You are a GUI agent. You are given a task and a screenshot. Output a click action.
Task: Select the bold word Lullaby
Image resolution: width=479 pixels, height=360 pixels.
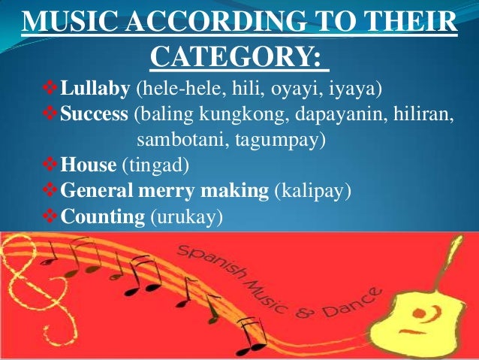95,92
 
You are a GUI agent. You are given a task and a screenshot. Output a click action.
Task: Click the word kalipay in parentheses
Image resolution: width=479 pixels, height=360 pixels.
312,193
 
